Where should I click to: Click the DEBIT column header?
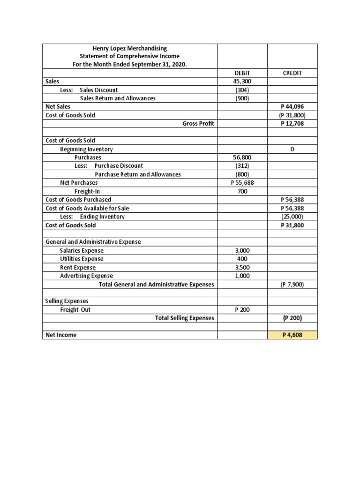(242, 73)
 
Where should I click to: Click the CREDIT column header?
(292, 73)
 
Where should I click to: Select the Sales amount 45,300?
(242, 82)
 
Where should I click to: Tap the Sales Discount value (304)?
(242, 90)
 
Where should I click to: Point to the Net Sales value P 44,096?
(292, 107)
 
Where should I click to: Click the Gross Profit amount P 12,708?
(292, 124)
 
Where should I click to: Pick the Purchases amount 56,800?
(242, 157)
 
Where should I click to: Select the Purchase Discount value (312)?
(242, 166)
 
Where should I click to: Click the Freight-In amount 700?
(242, 191)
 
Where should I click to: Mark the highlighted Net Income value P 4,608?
(292, 335)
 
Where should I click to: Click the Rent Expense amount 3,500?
(242, 268)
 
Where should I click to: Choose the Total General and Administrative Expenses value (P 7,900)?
(292, 285)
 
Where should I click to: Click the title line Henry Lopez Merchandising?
(130, 48)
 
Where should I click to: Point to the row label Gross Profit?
(198, 124)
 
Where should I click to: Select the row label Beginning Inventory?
(86, 149)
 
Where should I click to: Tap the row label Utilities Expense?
(82, 259)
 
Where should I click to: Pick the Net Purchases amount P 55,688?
(242, 183)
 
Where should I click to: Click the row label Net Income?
(61, 335)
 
